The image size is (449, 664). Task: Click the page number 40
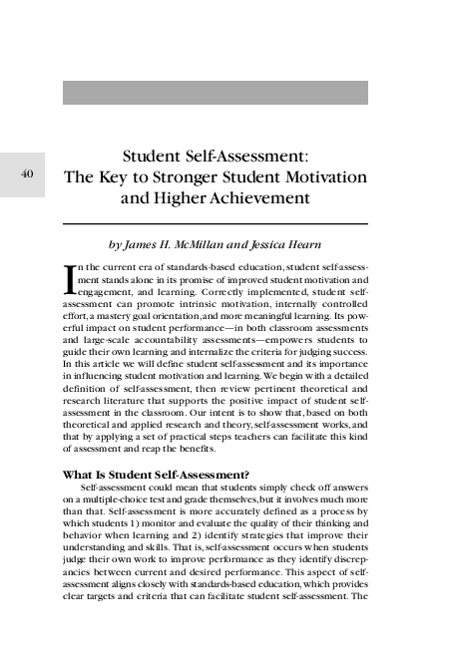click(28, 173)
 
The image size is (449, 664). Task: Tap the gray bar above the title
click(216, 93)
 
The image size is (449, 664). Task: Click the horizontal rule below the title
click(216, 223)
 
